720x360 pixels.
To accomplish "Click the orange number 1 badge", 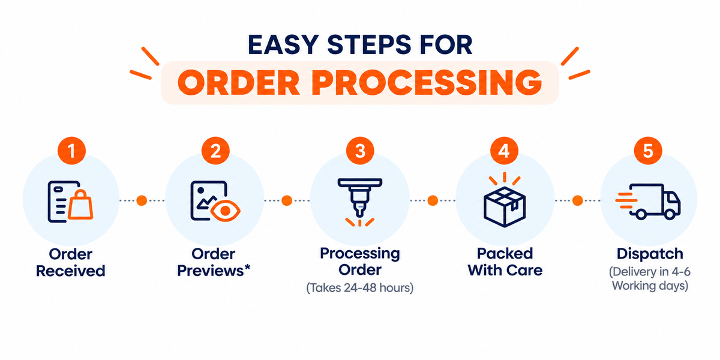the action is coord(71,151).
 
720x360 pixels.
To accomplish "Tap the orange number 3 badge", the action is coord(360,151).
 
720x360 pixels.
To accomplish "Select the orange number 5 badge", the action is coord(648,151).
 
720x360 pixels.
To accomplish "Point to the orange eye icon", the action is coord(226,211).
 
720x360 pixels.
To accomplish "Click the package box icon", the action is coord(505,206).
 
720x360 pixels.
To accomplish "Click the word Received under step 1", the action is coord(71,271).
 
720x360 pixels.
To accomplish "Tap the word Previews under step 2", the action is coord(211,271).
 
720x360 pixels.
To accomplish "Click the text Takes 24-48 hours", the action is coord(359,287).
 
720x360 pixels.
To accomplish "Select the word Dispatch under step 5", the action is coord(650,254).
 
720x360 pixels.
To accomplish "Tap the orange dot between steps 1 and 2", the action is coord(142,200).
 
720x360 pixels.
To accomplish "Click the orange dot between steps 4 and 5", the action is coord(578,200).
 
